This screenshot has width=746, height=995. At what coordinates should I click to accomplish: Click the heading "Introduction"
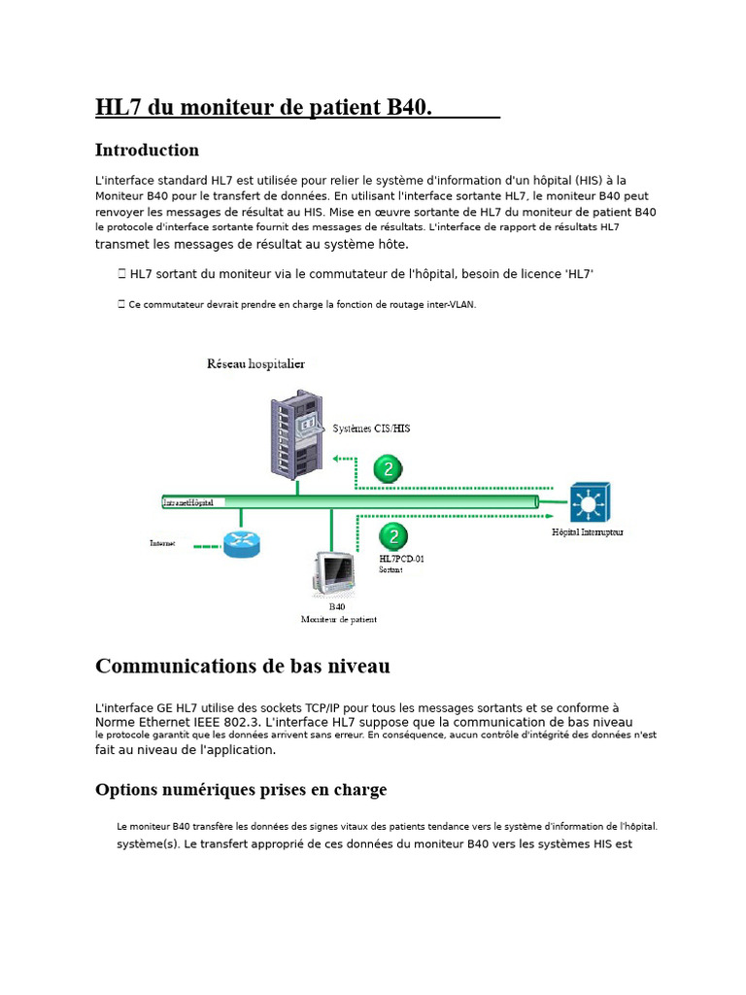[x=147, y=151]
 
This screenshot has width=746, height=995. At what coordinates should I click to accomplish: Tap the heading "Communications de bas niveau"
[x=242, y=666]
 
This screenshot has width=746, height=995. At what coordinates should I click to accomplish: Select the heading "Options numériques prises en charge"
[x=240, y=790]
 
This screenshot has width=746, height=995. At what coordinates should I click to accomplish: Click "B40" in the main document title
[x=406, y=107]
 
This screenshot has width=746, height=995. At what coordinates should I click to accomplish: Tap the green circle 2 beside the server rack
[x=388, y=469]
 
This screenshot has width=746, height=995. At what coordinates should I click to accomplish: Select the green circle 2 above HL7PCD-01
[x=393, y=535]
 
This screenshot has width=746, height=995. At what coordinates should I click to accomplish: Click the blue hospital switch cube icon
[x=590, y=502]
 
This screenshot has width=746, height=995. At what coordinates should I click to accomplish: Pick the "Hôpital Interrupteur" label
[x=588, y=532]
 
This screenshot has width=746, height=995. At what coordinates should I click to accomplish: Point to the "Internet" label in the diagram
[x=163, y=544]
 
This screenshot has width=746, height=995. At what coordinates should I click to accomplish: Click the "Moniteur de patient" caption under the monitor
[x=339, y=619]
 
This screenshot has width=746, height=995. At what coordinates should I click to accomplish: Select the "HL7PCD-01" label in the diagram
[x=401, y=559]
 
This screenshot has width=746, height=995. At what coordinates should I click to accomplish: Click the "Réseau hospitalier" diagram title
[x=255, y=364]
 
